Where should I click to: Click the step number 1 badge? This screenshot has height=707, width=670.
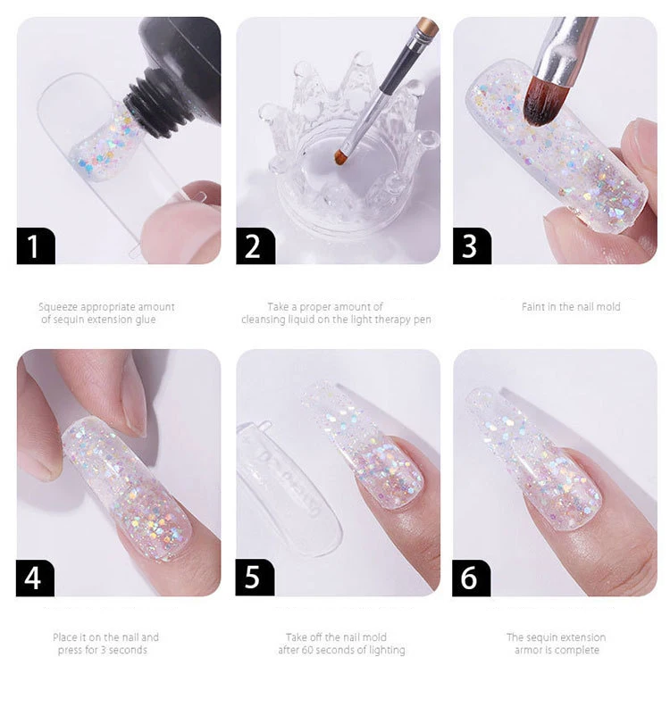click(36, 245)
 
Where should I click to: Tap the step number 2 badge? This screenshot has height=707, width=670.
click(255, 245)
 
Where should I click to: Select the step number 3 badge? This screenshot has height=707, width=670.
click(472, 245)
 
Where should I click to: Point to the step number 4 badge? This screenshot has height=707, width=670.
click(35, 578)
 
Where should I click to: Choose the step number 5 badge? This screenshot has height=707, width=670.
click(255, 578)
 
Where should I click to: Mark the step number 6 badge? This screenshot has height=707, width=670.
click(472, 578)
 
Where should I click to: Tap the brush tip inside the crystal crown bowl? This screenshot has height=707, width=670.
click(339, 155)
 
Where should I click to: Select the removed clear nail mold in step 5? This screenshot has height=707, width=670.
click(289, 487)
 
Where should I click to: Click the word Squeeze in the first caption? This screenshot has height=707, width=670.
click(58, 307)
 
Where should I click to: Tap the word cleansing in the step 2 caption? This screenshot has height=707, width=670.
click(263, 320)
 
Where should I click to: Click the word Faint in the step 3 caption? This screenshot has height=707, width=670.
click(532, 307)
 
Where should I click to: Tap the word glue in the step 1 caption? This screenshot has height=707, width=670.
click(146, 320)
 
